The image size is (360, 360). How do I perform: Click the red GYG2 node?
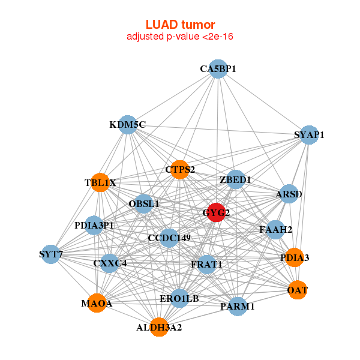click(x=217, y=212)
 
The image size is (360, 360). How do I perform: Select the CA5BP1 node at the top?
click(x=218, y=69)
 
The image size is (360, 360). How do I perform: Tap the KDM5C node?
click(x=127, y=125)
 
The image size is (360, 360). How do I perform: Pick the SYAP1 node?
click(x=309, y=135)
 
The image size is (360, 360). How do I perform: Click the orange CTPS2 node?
click(x=179, y=170)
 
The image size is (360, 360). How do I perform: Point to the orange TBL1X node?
click(x=100, y=182)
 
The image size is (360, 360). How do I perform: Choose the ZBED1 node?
click(x=235, y=179)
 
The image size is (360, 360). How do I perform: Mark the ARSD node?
click(x=289, y=194)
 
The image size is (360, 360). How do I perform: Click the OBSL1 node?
click(x=144, y=204)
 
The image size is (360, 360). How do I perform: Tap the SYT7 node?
click(x=51, y=254)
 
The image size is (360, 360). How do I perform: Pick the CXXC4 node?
click(x=110, y=263)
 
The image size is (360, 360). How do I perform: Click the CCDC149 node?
click(x=169, y=238)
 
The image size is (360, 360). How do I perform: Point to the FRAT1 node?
click(x=206, y=264)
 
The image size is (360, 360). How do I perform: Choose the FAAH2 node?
click(x=275, y=229)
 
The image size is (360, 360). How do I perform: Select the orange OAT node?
click(x=298, y=290)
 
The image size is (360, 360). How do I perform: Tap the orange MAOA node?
click(x=97, y=304)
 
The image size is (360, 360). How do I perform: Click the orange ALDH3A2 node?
click(x=159, y=328)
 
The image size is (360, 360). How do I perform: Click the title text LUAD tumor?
click(x=180, y=25)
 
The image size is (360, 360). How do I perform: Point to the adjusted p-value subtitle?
click(x=180, y=37)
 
